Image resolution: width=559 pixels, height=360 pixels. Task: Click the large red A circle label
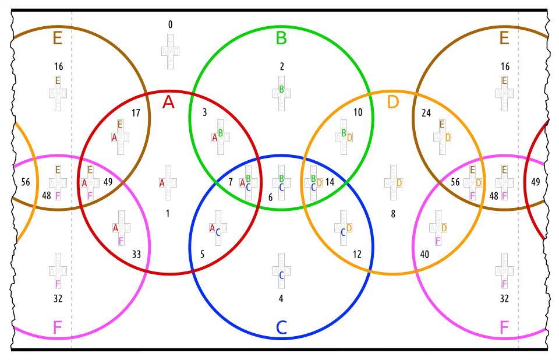click(x=168, y=103)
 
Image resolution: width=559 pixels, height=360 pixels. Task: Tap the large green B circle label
click(x=281, y=39)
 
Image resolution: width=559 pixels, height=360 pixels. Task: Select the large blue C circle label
click(x=281, y=328)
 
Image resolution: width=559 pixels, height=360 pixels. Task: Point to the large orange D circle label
click(x=394, y=102)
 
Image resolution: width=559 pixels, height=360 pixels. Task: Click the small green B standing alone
click(x=281, y=89)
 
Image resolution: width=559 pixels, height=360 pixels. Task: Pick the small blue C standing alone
click(x=281, y=275)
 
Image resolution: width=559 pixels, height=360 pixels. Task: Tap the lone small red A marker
click(x=162, y=183)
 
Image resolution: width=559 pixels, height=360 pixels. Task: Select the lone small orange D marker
click(x=399, y=183)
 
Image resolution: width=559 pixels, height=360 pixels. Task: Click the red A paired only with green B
click(x=214, y=137)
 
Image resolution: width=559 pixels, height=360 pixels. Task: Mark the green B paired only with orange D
click(x=344, y=133)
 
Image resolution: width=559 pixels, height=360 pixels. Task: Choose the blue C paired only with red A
click(x=218, y=232)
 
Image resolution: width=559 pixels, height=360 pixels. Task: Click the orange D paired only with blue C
click(x=349, y=228)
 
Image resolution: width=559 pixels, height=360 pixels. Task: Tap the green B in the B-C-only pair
click(x=281, y=178)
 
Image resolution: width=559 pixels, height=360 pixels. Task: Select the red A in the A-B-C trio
click(x=242, y=183)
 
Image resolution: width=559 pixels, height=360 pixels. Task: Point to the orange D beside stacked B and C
click(x=320, y=183)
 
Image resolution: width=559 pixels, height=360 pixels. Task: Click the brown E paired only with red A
click(x=121, y=123)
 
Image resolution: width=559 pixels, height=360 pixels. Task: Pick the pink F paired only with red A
click(x=121, y=241)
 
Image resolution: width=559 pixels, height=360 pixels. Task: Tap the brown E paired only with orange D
click(x=442, y=123)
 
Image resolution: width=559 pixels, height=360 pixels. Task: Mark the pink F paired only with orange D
click(x=438, y=241)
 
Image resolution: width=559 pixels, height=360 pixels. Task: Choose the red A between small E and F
click(x=84, y=183)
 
